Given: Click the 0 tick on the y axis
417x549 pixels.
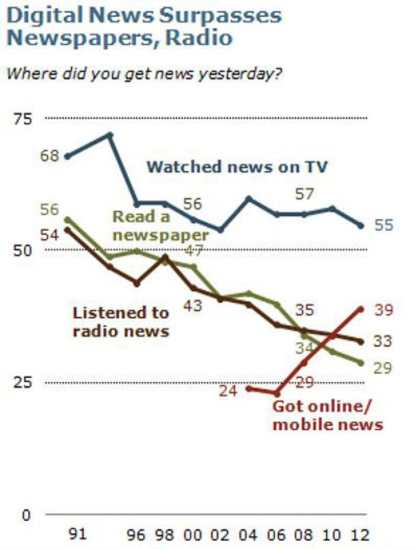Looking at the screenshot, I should pos(26,514).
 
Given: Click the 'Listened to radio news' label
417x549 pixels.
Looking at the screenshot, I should pos(120,322).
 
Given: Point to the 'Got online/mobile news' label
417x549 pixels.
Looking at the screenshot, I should pos(326,415).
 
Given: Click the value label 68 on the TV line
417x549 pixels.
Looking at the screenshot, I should pos(49,156).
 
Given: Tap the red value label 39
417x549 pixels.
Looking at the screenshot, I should pos(384,311).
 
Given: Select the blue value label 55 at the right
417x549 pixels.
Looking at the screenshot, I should pos(384,225).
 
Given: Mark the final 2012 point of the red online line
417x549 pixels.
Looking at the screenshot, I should pos(361,308).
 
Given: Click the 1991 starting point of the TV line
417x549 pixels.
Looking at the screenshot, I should pos(67,156).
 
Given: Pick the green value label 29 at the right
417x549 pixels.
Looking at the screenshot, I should pos(384,369).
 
